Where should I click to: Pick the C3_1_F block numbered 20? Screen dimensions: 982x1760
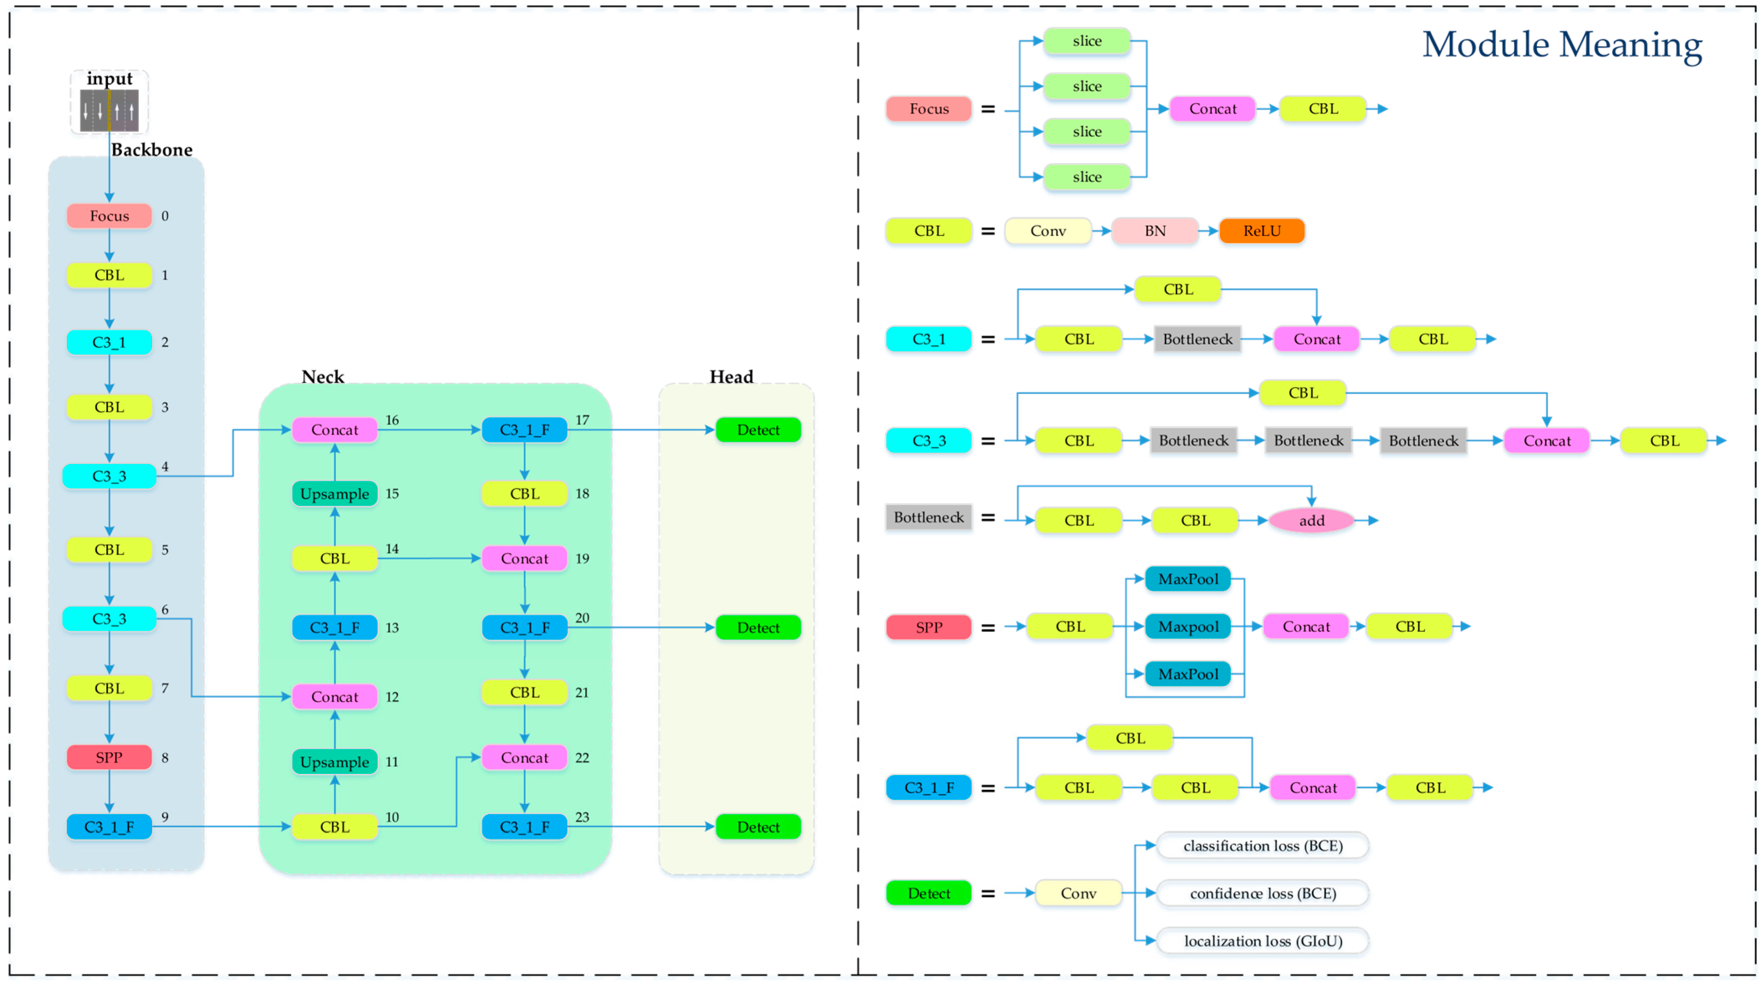click(524, 627)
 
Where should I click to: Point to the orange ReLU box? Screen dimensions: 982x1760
click(1261, 231)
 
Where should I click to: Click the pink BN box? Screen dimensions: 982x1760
click(1155, 231)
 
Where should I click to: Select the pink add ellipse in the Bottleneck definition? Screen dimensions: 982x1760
click(1311, 520)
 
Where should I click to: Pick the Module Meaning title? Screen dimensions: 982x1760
click(1562, 45)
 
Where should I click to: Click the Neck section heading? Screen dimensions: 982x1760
click(323, 376)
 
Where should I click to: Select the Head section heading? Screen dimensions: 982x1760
click(731, 376)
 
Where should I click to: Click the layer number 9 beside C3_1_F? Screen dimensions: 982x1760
click(165, 817)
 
